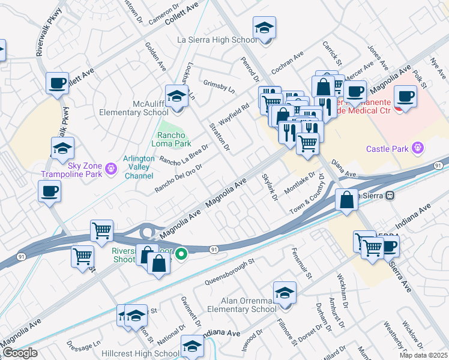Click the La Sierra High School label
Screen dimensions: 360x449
217,40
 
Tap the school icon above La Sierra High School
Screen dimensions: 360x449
264,28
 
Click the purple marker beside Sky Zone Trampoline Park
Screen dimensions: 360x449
110,169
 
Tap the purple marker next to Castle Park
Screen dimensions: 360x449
418,148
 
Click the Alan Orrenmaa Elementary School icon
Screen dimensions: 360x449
284,293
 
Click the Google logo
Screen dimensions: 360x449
20,353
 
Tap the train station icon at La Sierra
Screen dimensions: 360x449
390,195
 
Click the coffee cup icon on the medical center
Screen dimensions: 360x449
405,96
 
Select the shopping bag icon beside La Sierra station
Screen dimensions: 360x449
347,201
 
